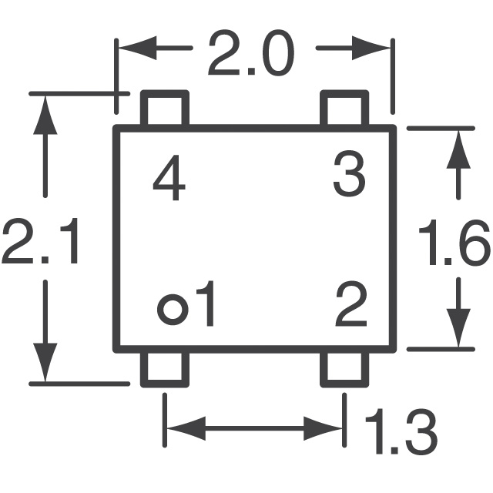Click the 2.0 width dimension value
(x=251, y=53)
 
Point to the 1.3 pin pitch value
(x=401, y=431)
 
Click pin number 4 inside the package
(x=169, y=178)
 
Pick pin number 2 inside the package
(x=351, y=304)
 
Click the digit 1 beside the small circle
(x=206, y=304)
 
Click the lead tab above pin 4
(x=165, y=108)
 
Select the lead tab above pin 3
(x=344, y=108)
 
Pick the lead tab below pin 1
(x=165, y=369)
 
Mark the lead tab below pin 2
(x=344, y=369)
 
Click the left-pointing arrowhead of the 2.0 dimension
(x=138, y=48)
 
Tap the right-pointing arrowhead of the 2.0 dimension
(x=371, y=48)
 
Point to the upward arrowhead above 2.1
(x=45, y=115)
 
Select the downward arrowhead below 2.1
(x=45, y=362)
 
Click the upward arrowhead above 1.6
(x=458, y=149)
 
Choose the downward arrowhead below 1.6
(x=458, y=327)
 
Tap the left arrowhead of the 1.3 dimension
(x=186, y=428)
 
